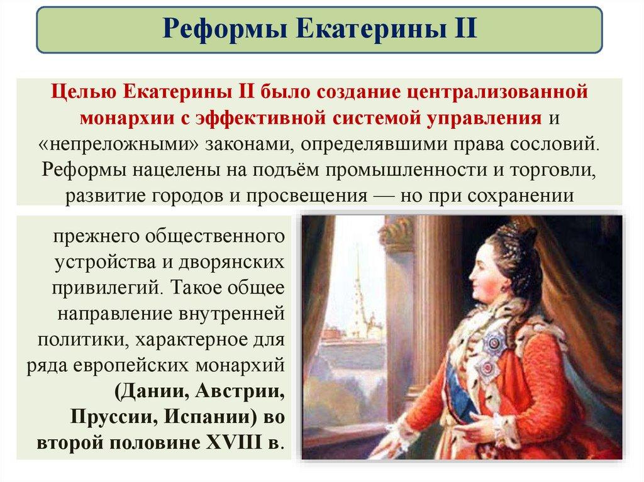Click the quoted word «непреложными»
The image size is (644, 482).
click(x=118, y=144)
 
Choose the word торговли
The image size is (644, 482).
click(x=553, y=170)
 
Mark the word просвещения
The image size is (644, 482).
click(x=306, y=196)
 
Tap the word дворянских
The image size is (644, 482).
click(x=231, y=262)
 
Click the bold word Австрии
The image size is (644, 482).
click(x=240, y=392)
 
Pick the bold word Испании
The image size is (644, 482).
click(x=208, y=417)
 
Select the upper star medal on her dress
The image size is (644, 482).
click(x=492, y=341)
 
